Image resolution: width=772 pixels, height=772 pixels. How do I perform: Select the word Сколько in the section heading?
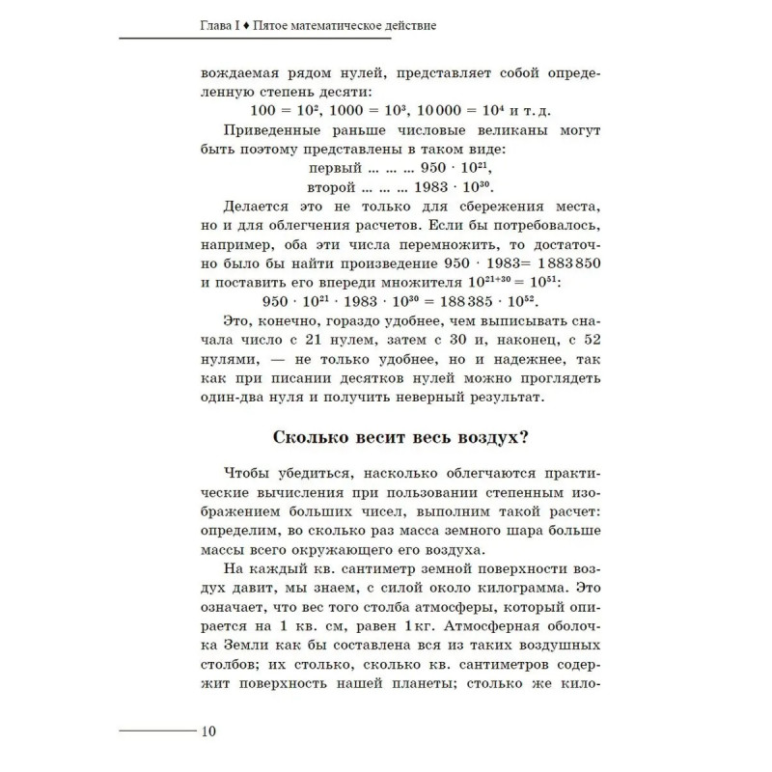(316, 436)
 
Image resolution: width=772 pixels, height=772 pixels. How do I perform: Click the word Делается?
(260, 206)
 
